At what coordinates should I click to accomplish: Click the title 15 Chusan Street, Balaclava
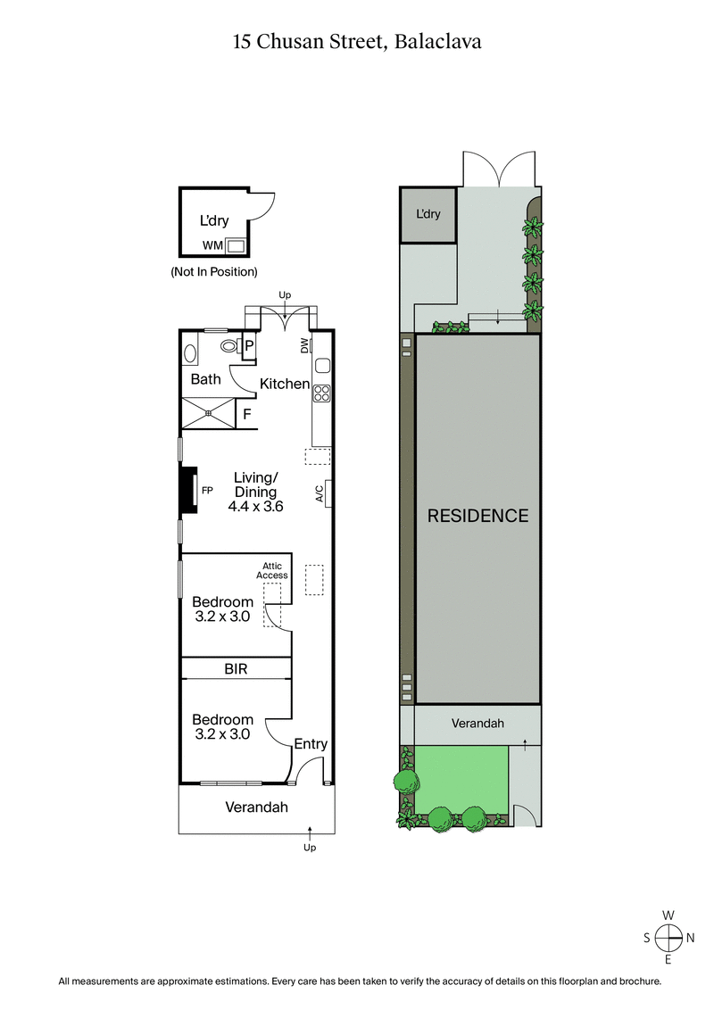coord(357,41)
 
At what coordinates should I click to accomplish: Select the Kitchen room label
coord(285,384)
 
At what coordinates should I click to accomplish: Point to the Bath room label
coord(206,379)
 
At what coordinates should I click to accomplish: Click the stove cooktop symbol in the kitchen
coord(322,393)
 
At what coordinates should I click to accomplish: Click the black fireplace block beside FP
coord(188,490)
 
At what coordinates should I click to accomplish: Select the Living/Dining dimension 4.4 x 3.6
coord(256,506)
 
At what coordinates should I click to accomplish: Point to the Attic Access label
coord(272,570)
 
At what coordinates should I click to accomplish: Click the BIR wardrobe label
coord(236,667)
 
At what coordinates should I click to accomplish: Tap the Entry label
coord(311,744)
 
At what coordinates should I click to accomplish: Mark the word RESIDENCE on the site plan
coord(477,516)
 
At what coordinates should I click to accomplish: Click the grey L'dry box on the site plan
coord(428,214)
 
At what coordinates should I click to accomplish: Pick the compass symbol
coord(668,937)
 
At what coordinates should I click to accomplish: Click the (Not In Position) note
coord(214,271)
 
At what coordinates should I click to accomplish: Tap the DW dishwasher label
coord(305,345)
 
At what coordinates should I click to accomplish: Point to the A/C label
coord(319,494)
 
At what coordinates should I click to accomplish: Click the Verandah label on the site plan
coord(477,723)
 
